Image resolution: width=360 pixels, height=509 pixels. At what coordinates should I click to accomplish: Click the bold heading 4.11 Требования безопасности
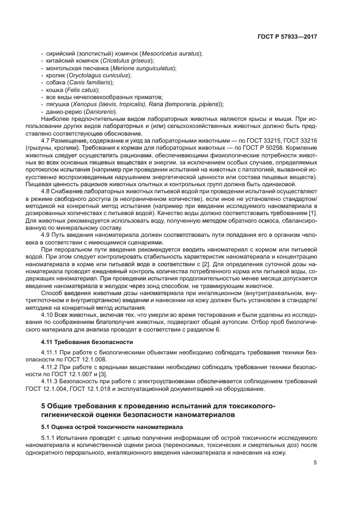click(x=87, y=341)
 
